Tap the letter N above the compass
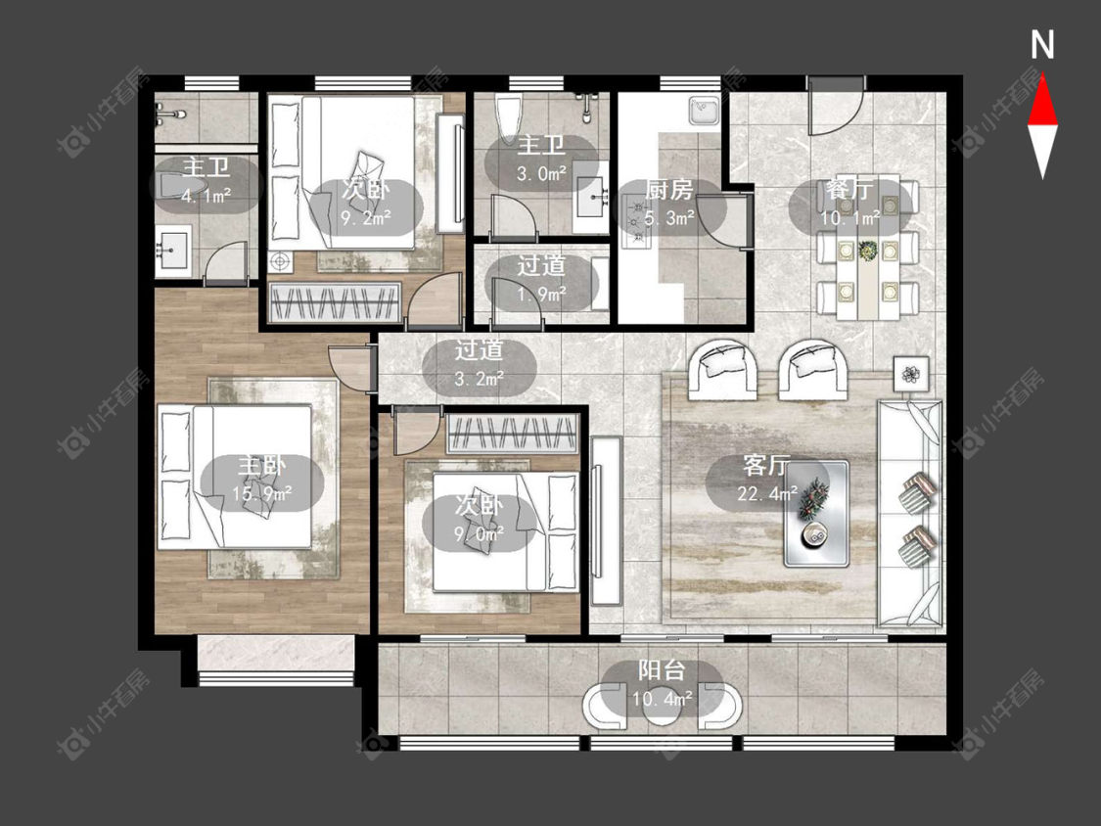[x=1042, y=45]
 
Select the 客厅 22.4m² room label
[x=766, y=480]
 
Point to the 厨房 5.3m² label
[x=669, y=205]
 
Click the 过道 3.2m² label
[x=480, y=364]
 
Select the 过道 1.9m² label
[x=541, y=280]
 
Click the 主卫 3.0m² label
[x=541, y=160]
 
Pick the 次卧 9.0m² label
[x=480, y=519]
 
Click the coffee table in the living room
[x=816, y=514]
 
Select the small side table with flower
[x=911, y=375]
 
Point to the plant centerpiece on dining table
[x=869, y=251]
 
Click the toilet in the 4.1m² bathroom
[x=179, y=185]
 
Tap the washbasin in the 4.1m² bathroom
[x=172, y=249]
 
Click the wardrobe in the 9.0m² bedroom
[x=512, y=432]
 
